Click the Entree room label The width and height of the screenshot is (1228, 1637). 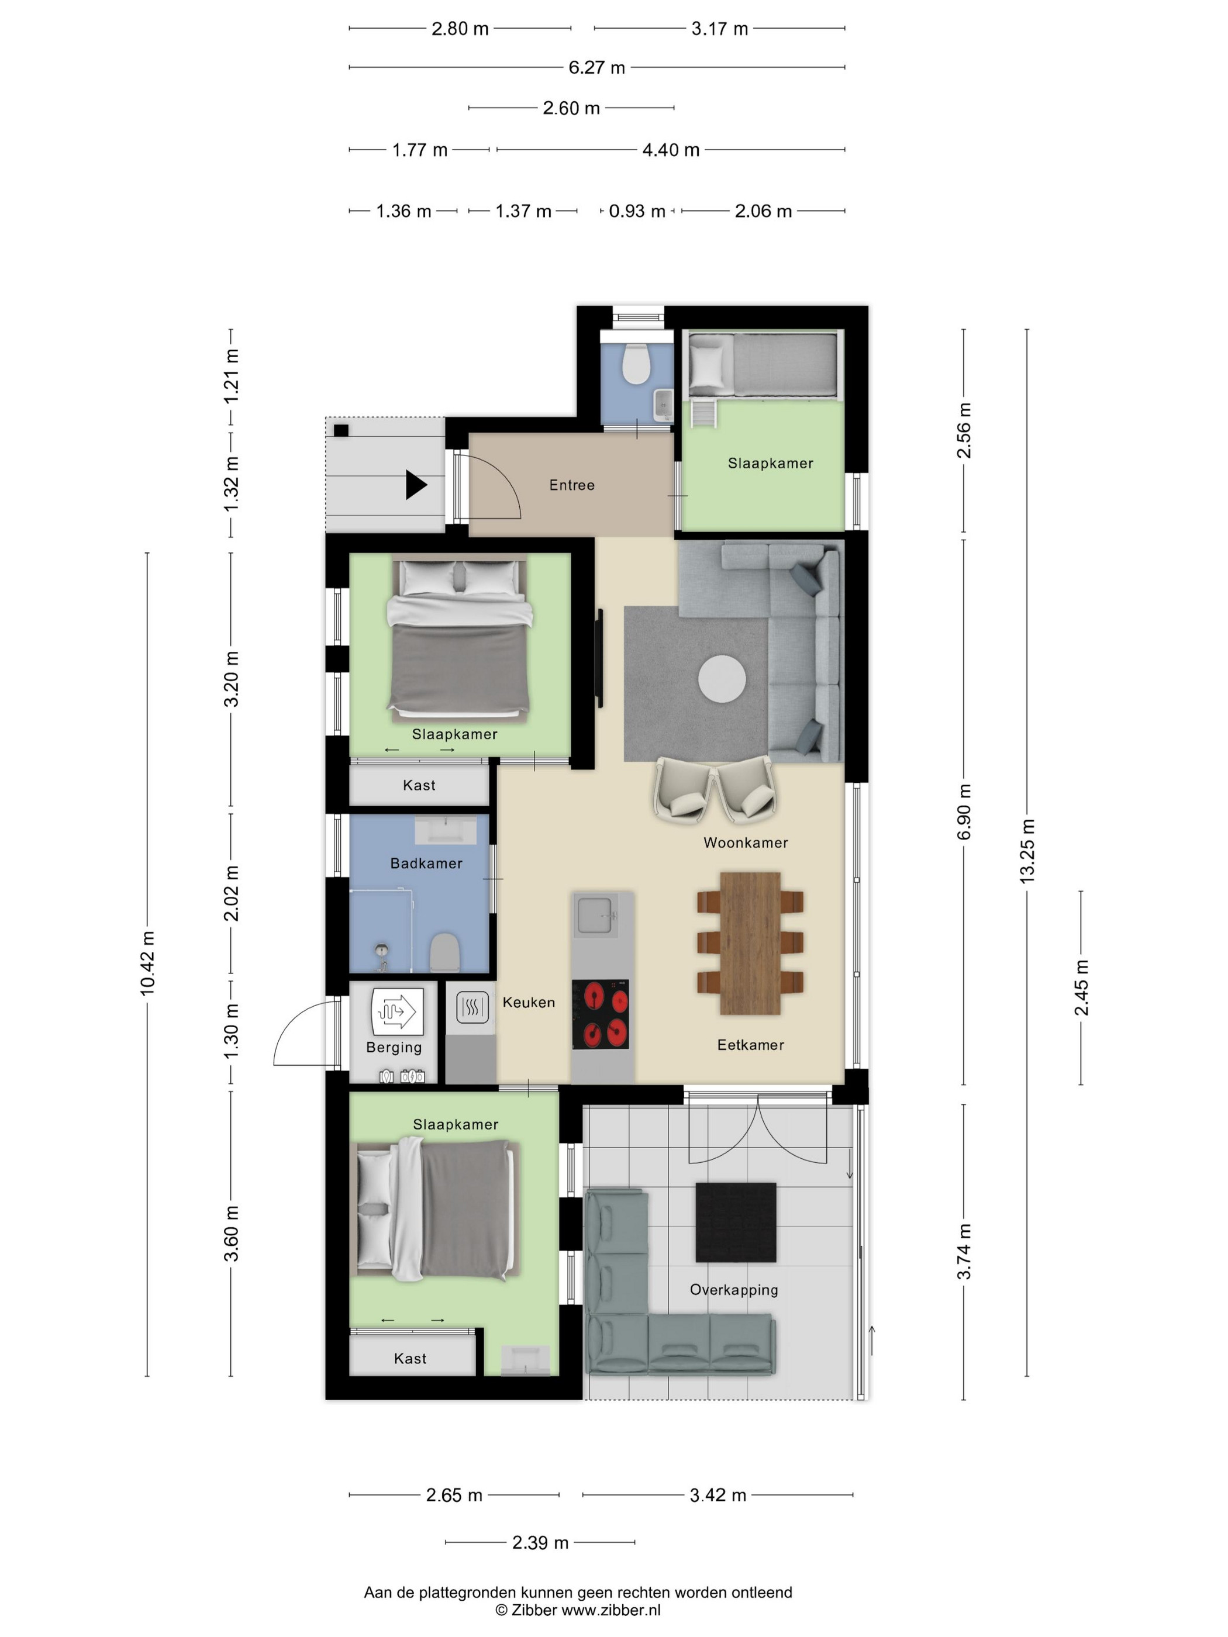[x=571, y=485]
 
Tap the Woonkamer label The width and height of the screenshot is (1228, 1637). [x=746, y=842]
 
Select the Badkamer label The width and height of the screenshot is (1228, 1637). [x=426, y=863]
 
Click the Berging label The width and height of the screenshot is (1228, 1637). [x=394, y=1047]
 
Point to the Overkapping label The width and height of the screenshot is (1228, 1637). [x=733, y=1290]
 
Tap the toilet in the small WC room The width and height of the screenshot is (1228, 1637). [x=636, y=362]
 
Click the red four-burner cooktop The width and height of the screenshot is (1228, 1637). [x=601, y=1014]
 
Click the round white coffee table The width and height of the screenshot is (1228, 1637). [x=722, y=679]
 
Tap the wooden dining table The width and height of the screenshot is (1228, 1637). [x=750, y=943]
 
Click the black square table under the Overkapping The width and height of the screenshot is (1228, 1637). [x=736, y=1222]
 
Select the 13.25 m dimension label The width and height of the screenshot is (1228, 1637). [x=1027, y=851]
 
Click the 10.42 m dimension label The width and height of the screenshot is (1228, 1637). [x=147, y=963]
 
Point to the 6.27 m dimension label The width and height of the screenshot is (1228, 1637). [x=596, y=67]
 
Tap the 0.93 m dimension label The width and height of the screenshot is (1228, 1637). [x=637, y=211]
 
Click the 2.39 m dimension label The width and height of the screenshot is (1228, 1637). [x=540, y=1542]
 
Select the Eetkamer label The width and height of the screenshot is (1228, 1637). [x=751, y=1045]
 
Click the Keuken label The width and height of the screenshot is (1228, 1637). [x=529, y=1002]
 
